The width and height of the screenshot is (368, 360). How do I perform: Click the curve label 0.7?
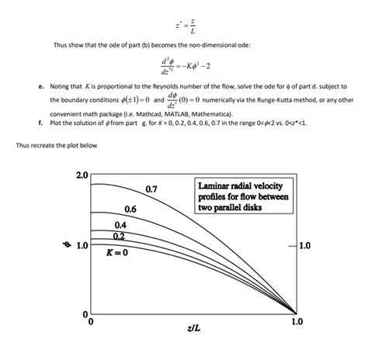[151, 189]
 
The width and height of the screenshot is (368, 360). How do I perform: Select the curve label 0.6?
[130, 209]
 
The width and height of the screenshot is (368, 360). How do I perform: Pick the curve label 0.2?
[119, 235]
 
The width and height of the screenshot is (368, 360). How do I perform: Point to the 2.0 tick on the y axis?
[82, 175]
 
